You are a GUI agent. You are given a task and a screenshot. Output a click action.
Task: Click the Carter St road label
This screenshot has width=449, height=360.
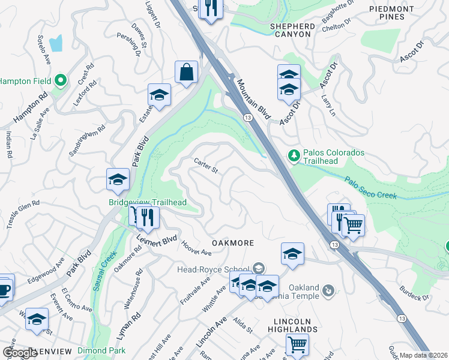(205, 165)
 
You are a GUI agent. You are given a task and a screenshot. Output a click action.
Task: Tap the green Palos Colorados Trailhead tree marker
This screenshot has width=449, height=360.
(294, 156)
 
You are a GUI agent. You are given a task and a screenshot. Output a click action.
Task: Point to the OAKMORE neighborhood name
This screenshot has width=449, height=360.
(232, 243)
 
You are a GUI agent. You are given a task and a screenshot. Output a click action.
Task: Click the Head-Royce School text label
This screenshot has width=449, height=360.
(213, 269)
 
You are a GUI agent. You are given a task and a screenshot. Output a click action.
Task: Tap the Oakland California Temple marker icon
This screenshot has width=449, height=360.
(328, 292)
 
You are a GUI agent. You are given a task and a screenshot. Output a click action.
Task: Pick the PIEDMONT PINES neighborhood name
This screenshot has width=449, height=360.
(391, 13)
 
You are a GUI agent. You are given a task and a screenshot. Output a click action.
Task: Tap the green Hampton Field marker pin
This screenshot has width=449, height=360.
(59, 80)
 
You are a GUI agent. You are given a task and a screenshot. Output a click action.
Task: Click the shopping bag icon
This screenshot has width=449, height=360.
(186, 72)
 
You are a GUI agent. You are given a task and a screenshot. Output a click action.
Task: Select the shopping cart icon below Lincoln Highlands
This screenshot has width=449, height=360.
(297, 344)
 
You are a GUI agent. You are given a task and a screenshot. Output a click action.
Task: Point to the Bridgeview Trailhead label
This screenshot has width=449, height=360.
(148, 203)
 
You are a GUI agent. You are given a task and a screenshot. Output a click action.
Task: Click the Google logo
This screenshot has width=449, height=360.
(20, 353)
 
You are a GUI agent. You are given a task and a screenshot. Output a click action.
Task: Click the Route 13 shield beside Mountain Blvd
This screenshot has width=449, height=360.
(247, 118)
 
